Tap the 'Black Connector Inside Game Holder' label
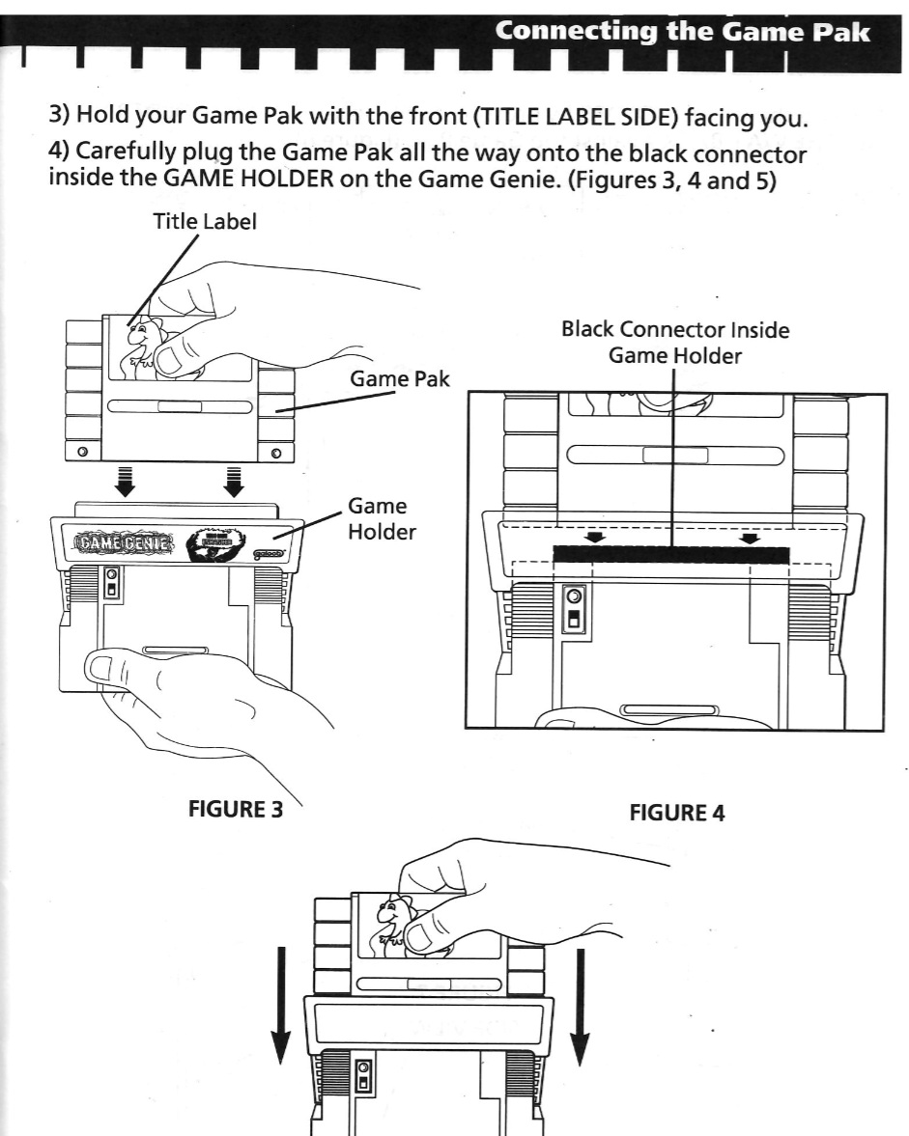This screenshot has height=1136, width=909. [674, 343]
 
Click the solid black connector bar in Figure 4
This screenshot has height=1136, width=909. [671, 555]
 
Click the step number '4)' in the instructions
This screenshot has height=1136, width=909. [63, 157]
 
